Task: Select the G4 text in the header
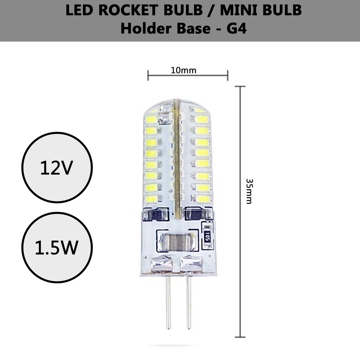237,29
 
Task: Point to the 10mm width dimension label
184,70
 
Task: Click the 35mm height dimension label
249,191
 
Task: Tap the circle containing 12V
57,167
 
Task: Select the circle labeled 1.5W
57,247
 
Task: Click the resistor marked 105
207,237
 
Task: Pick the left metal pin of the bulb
168,302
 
